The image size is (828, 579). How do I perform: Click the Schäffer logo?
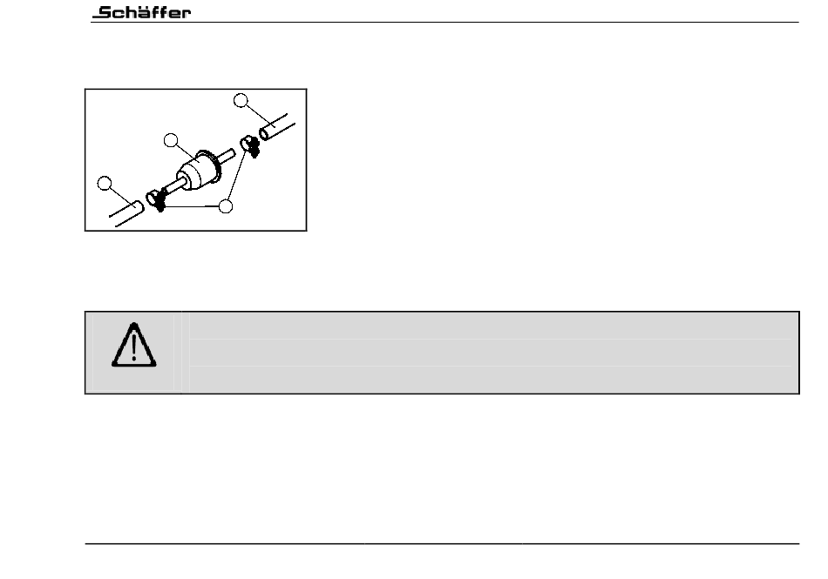coord(142,12)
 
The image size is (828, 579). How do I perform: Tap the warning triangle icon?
coord(134,346)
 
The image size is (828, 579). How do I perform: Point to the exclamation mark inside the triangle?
coord(134,348)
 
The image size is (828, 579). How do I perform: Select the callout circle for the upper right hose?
coord(241,101)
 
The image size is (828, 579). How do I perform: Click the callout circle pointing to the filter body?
coord(172,140)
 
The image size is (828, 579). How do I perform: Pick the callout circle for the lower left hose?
coord(105,184)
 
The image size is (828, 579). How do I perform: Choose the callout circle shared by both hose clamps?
coord(226,206)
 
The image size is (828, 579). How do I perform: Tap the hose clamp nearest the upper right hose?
coord(250,143)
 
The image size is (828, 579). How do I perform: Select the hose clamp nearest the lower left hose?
coord(158,199)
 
